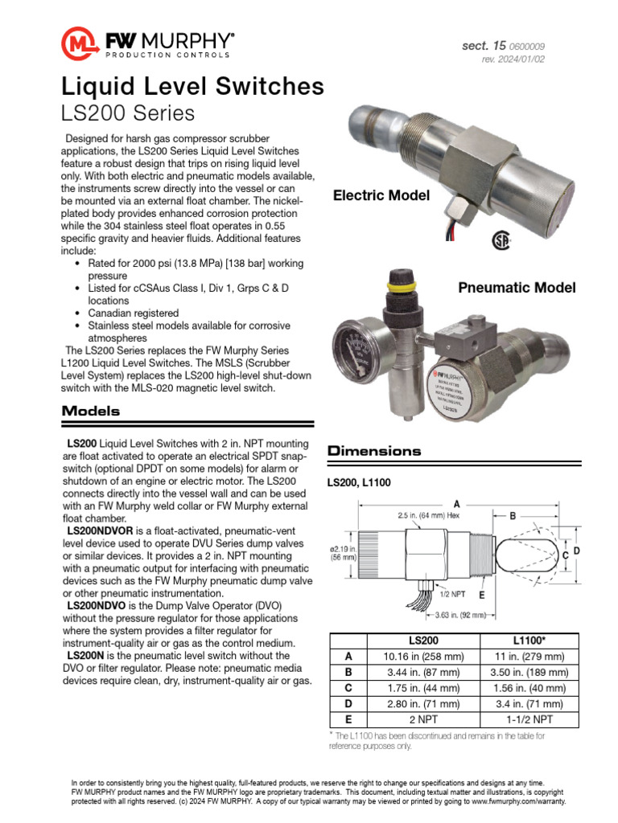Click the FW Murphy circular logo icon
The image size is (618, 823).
[x=79, y=43]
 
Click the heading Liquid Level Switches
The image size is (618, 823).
[x=193, y=86]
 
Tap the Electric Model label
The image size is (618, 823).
[x=381, y=195]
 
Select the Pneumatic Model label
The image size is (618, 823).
[x=517, y=287]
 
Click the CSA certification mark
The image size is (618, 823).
[x=502, y=241]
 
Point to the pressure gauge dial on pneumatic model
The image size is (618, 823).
[x=359, y=351]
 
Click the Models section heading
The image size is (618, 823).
[x=91, y=411]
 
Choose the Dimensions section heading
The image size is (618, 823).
[x=374, y=451]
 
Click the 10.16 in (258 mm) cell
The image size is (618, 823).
[x=422, y=657]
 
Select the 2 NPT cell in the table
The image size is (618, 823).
[x=422, y=719]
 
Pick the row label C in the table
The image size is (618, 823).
[x=348, y=688]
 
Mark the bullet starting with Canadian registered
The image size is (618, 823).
[x=134, y=313]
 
